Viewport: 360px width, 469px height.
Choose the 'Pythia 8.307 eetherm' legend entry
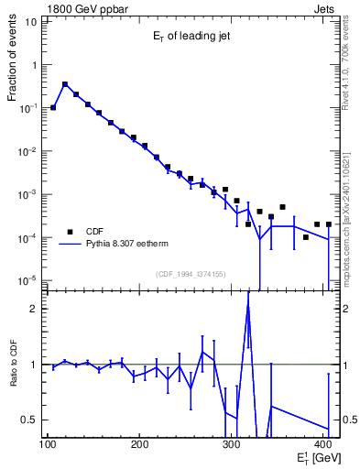point(127,245)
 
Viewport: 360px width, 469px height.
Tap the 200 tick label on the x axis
point(139,445)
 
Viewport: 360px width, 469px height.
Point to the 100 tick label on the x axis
point(48,445)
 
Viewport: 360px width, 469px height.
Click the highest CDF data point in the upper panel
point(65,84)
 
